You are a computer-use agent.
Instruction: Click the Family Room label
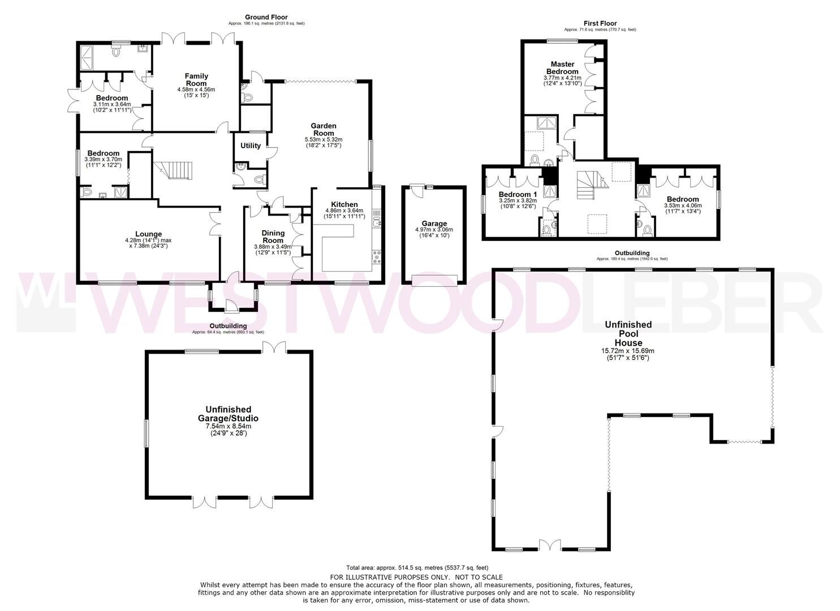[x=196, y=80]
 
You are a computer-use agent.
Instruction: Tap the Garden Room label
[x=324, y=130]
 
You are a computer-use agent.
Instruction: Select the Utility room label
[x=251, y=146]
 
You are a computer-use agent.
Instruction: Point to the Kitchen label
[x=344, y=205]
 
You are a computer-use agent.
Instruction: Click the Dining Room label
[x=273, y=236]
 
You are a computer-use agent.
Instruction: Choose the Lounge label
[x=148, y=234]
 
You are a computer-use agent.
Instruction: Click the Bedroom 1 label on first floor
[x=518, y=194]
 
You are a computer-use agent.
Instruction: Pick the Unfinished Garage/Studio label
[x=229, y=414]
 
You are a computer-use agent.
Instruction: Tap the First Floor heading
[x=600, y=23]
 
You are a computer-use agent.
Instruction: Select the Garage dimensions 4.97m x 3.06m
[x=434, y=230]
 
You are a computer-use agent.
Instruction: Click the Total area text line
[x=417, y=567]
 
